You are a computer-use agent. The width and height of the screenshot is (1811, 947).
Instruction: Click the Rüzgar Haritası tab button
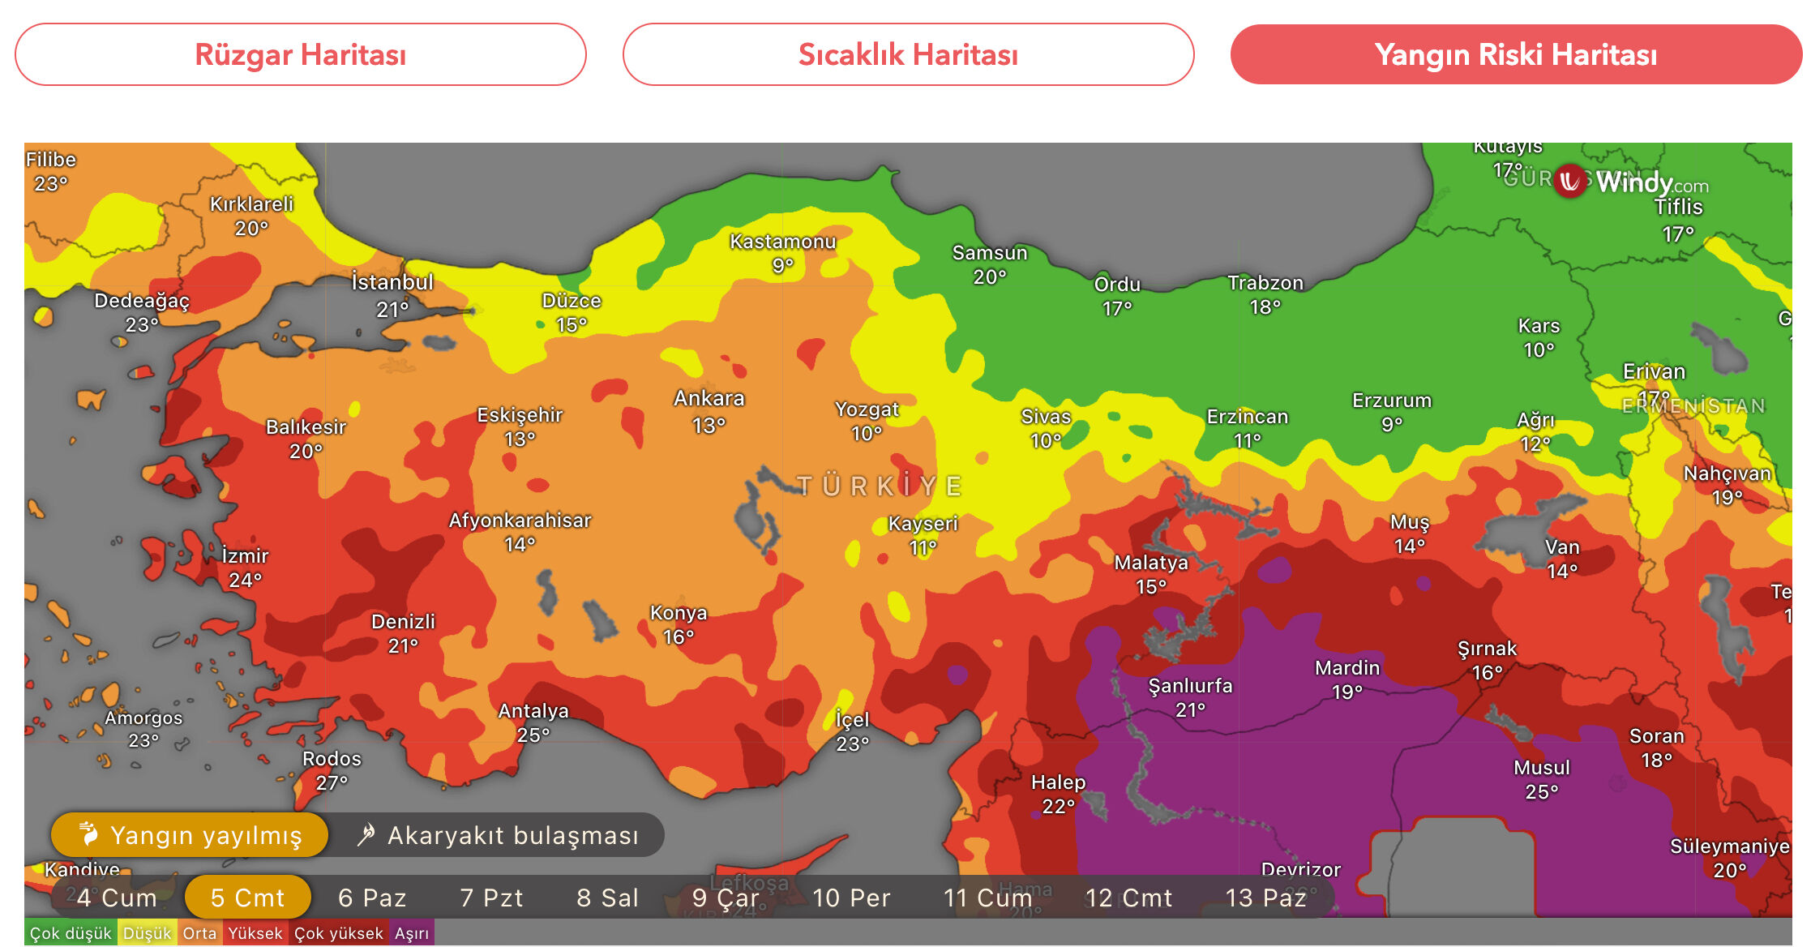(300, 54)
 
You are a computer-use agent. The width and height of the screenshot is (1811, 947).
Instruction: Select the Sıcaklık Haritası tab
(908, 54)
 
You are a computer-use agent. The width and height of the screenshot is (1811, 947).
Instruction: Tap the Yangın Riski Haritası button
(1515, 54)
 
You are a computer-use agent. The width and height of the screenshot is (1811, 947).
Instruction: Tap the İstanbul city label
(392, 283)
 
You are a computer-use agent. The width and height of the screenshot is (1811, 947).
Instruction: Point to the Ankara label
(709, 399)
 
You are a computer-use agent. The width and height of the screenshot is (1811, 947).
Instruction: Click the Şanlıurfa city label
(1190, 686)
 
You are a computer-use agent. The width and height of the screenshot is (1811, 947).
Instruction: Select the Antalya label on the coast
(533, 711)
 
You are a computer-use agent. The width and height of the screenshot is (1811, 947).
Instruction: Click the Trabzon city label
(1265, 283)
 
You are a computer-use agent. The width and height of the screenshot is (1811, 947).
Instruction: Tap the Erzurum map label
(1391, 401)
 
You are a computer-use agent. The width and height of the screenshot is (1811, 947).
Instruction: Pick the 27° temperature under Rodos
(332, 783)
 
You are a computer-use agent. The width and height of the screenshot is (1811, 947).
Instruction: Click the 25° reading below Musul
(1541, 792)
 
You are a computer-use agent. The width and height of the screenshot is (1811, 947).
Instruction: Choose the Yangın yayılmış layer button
(191, 835)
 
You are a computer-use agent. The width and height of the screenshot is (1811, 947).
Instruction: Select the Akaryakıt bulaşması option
(499, 835)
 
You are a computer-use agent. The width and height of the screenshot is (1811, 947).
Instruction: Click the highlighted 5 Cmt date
(247, 898)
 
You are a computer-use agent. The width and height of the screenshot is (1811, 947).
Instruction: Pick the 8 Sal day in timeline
(607, 898)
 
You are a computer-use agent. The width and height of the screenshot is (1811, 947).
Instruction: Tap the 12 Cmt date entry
(1128, 898)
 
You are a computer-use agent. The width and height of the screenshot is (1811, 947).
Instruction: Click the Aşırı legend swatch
(412, 933)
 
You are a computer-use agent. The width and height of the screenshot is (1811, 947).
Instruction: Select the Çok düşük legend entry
(71, 933)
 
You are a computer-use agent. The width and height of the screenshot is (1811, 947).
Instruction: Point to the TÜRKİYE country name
(880, 486)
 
